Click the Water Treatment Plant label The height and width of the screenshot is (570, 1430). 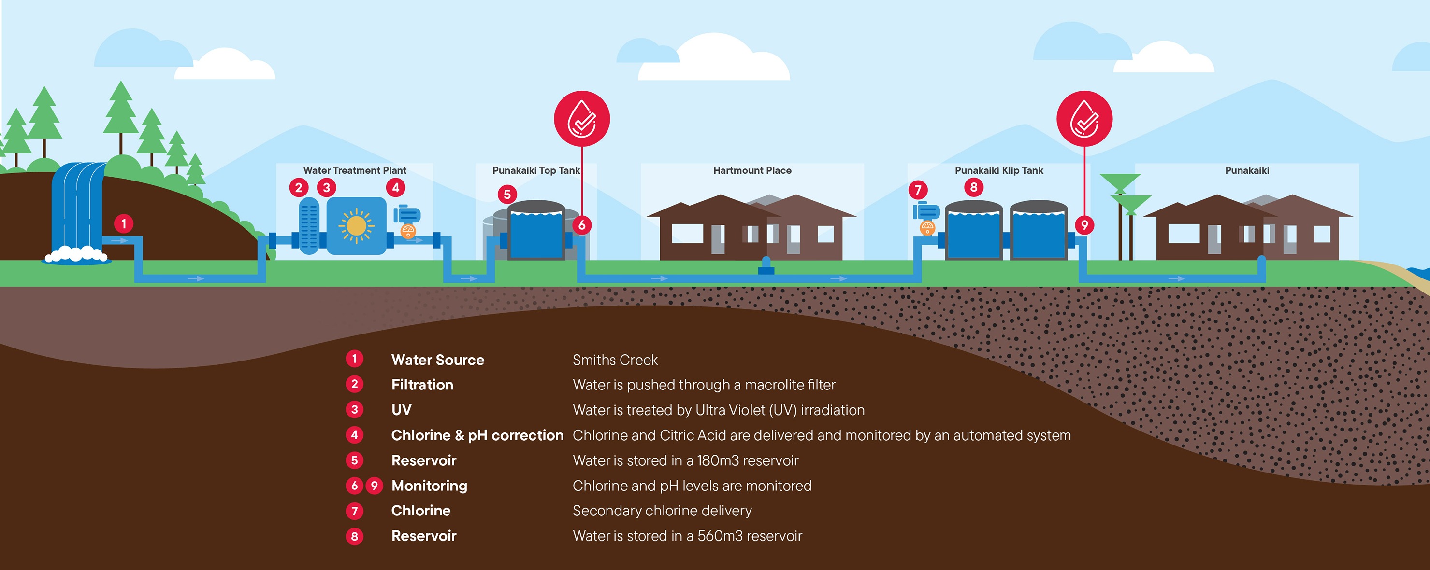pyautogui.click(x=355, y=170)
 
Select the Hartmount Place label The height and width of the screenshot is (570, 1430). pyautogui.click(x=752, y=170)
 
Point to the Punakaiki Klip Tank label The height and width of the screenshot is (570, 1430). pyautogui.click(x=998, y=170)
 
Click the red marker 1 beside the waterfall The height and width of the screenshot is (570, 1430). pyautogui.click(x=124, y=223)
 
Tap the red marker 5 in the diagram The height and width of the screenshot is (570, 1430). pyautogui.click(x=507, y=194)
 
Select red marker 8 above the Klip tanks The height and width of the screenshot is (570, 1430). pyautogui.click(x=974, y=187)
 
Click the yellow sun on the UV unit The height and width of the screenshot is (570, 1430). pyautogui.click(x=356, y=226)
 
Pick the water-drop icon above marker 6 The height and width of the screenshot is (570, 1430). pyautogui.click(x=582, y=119)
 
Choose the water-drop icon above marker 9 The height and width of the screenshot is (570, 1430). pyautogui.click(x=1084, y=119)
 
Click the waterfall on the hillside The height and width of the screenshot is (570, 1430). pyautogui.click(x=78, y=211)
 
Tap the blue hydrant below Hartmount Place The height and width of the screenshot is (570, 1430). pyautogui.click(x=766, y=265)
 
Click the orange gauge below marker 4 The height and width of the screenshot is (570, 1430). pyautogui.click(x=408, y=231)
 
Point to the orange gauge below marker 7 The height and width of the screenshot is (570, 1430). pyautogui.click(x=927, y=227)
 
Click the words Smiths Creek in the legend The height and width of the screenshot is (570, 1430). pyautogui.click(x=615, y=360)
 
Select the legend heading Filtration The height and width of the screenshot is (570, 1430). pyautogui.click(x=422, y=385)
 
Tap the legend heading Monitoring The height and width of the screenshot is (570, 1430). pyautogui.click(x=430, y=486)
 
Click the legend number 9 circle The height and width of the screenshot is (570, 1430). pyautogui.click(x=374, y=486)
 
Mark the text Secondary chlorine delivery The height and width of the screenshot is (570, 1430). pyautogui.click(x=662, y=511)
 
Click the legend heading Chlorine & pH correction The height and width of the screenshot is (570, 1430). pyautogui.click(x=477, y=435)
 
